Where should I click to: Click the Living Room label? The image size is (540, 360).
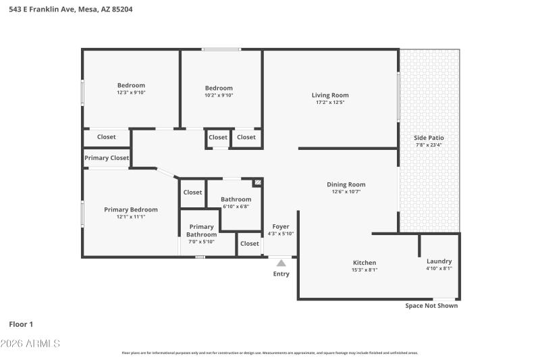330,95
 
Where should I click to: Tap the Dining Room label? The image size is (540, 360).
346,184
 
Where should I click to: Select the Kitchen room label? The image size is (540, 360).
364,263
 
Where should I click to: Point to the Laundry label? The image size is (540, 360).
439,261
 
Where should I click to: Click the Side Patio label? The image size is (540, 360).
429,138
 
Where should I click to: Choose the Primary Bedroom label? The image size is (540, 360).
131,209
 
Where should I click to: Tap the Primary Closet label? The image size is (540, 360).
107,158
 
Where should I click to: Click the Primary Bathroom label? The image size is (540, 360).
201,230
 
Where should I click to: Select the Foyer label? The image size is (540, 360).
281,226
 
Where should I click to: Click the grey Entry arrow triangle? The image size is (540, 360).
281,262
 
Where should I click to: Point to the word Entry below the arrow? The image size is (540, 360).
281,274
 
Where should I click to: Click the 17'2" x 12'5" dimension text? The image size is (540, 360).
330,103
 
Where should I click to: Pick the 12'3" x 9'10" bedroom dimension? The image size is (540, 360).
131,93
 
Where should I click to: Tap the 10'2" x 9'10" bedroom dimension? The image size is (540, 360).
219,95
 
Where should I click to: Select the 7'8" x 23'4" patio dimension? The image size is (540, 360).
429,145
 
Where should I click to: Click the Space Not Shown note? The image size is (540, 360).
431,306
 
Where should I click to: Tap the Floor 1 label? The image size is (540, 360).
21,324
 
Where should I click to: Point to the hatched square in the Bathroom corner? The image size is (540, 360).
257,182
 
